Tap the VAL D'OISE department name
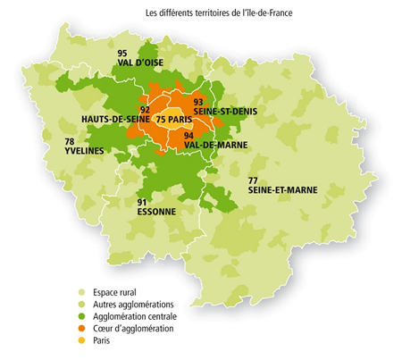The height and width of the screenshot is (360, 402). pyautogui.click(x=138, y=63)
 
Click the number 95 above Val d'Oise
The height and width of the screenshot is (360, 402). pyautogui.click(x=122, y=54)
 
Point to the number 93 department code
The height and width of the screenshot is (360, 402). pyautogui.click(x=198, y=100)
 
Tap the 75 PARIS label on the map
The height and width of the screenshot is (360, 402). pyautogui.click(x=173, y=119)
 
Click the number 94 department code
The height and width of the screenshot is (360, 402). pyautogui.click(x=188, y=135)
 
